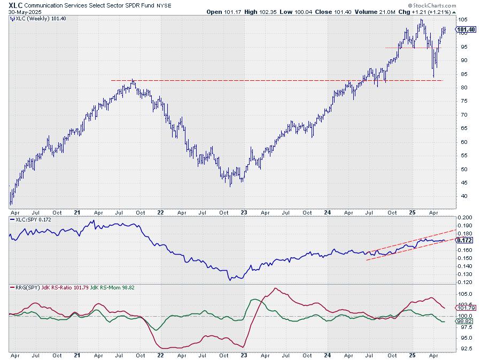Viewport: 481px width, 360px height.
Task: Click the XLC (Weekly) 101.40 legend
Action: tap(38, 19)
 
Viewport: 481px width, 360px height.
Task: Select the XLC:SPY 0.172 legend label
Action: tap(32, 219)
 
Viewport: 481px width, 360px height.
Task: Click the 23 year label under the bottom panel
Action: tap(243, 355)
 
